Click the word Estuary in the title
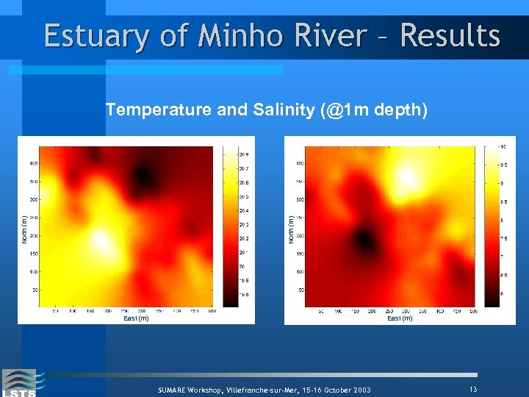point(94,36)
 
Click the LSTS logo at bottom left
point(18,382)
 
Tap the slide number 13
point(472,388)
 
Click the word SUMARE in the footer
point(176,390)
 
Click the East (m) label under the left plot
point(136,318)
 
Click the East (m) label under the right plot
point(400,318)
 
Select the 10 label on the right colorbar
point(503,146)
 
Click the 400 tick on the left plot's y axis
point(34,163)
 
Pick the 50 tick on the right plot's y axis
point(300,290)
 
